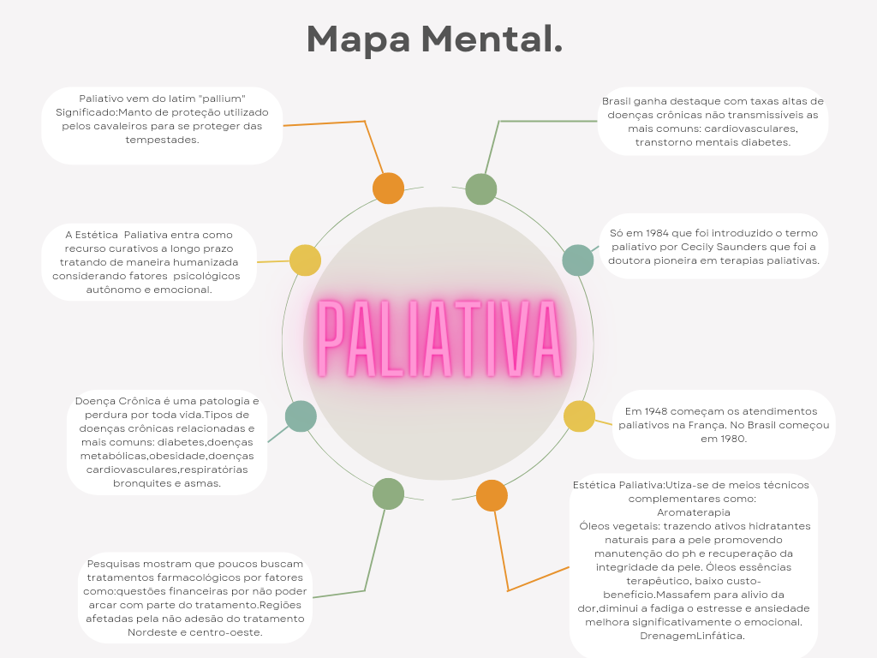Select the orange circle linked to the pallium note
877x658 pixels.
[388, 188]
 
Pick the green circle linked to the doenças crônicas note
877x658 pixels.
[481, 189]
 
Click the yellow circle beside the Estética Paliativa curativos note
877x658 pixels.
[305, 260]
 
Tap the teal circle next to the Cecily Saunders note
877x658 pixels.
[578, 260]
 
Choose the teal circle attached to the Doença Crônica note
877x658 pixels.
[301, 416]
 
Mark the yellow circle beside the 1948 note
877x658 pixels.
[580, 416]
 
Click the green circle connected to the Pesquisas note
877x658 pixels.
[388, 494]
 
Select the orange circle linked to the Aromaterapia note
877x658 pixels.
[492, 496]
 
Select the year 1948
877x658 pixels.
[660, 411]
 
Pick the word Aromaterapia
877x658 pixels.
[693, 512]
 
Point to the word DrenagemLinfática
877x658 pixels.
[692, 636]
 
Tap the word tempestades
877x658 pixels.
[162, 140]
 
